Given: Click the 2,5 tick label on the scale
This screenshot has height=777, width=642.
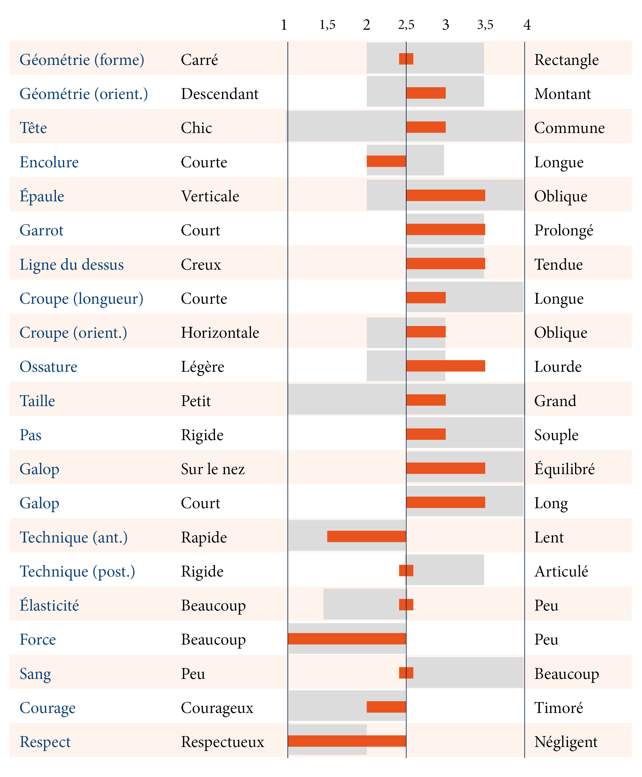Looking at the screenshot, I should pyautogui.click(x=406, y=25).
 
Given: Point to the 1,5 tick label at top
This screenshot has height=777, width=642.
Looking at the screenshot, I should pyautogui.click(x=327, y=25).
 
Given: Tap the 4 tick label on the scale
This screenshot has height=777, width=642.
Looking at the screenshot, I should pyautogui.click(x=527, y=25).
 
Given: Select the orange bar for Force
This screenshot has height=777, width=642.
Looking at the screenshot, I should pyautogui.click(x=347, y=638).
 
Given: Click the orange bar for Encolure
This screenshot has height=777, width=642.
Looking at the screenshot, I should pyautogui.click(x=386, y=161).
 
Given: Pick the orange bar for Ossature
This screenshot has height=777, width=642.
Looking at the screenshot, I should pyautogui.click(x=446, y=366).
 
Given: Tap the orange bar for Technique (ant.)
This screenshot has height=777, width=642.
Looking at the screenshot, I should pyautogui.click(x=366, y=536).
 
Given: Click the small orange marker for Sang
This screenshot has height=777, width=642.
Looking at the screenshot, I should pyautogui.click(x=406, y=673).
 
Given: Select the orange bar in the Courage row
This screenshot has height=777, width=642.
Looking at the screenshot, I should pyautogui.click(x=386, y=707).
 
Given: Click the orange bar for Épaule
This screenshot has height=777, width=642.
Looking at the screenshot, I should pyautogui.click(x=446, y=195).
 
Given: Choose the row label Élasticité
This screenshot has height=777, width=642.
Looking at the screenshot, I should pyautogui.click(x=49, y=605).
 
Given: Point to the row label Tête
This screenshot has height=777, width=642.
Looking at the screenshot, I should pyautogui.click(x=33, y=128).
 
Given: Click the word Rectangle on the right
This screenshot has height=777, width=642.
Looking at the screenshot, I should pyautogui.click(x=566, y=60).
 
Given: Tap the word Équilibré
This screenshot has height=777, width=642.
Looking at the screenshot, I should pyautogui.click(x=564, y=469).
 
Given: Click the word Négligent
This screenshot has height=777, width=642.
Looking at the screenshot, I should pyautogui.click(x=566, y=742).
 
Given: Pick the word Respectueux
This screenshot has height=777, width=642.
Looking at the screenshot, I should pyautogui.click(x=222, y=742).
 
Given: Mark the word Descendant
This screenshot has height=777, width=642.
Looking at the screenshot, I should pyautogui.click(x=219, y=94).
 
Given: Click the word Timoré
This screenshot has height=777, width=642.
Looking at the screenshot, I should pyautogui.click(x=558, y=708).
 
